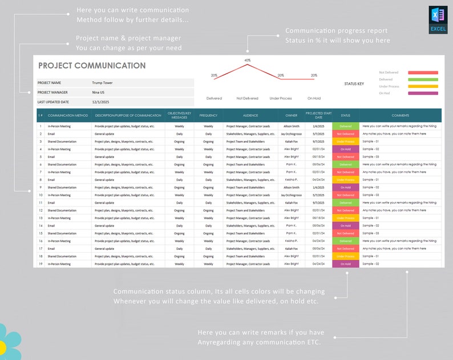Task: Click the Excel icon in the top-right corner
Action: coord(438,20)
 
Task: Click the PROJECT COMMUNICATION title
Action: coord(92,66)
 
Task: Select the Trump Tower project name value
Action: coord(103,83)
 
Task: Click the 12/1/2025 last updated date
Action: coord(101,102)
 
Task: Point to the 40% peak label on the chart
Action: coord(248,60)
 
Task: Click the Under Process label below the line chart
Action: coord(281,98)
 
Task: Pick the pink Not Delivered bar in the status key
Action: coord(423,72)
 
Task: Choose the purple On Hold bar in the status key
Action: coord(423,93)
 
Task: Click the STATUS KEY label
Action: coord(354,84)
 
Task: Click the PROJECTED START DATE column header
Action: coord(318,115)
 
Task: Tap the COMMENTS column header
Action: coord(401,115)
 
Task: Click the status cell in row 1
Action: coord(346,126)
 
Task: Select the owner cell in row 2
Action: coord(291,134)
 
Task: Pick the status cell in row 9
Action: coord(346,187)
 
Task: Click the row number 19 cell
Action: coord(41,264)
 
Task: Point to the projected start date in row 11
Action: coord(318,203)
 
